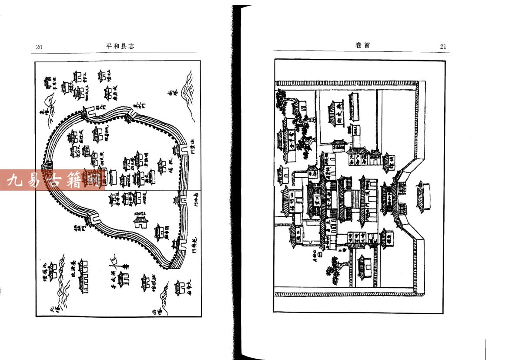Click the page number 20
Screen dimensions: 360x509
point(39,47)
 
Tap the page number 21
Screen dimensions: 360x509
point(443,47)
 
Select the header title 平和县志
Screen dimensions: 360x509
point(120,46)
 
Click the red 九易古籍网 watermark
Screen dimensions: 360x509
point(52,180)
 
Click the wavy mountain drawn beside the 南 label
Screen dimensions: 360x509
point(188,91)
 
